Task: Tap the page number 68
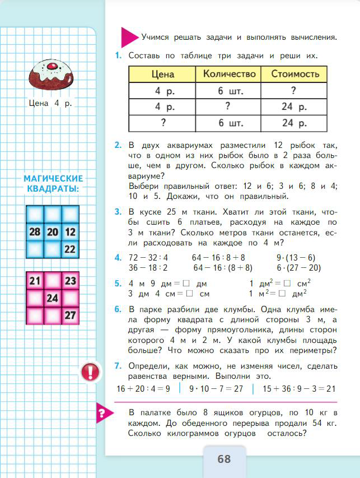tap(224, 459)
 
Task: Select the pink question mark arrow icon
tap(102, 414)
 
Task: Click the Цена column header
tap(162, 74)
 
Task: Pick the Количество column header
tap(229, 74)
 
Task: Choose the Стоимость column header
tap(294, 74)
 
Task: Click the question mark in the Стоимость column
tap(293, 91)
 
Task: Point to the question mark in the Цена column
tap(162, 123)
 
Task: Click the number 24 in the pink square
tap(52, 298)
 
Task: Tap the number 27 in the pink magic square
tap(70, 315)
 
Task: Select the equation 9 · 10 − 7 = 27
tap(216, 388)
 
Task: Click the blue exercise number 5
tap(118, 284)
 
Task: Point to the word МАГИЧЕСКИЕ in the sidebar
tap(53, 179)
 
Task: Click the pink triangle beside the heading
tap(129, 37)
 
